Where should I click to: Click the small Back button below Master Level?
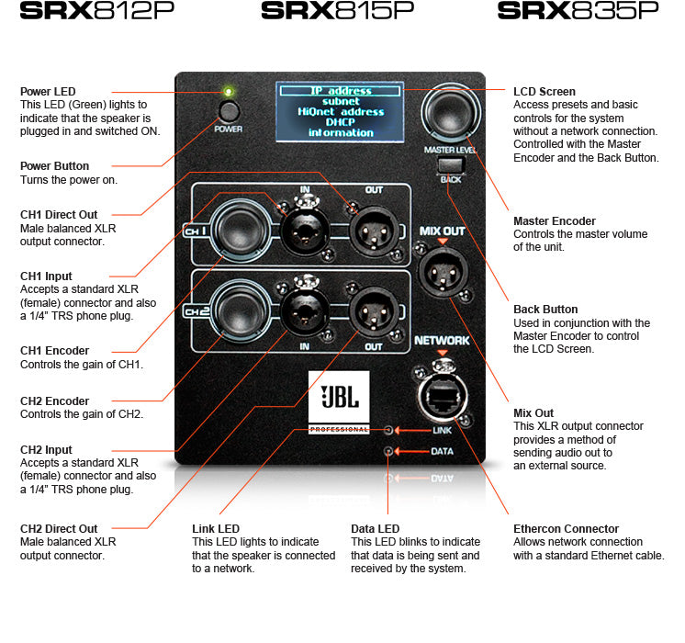click(x=449, y=165)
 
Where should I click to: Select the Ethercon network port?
click(x=443, y=396)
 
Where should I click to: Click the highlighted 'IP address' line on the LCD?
click(x=341, y=91)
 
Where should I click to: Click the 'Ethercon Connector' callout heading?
click(x=566, y=529)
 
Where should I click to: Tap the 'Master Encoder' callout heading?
click(x=555, y=221)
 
